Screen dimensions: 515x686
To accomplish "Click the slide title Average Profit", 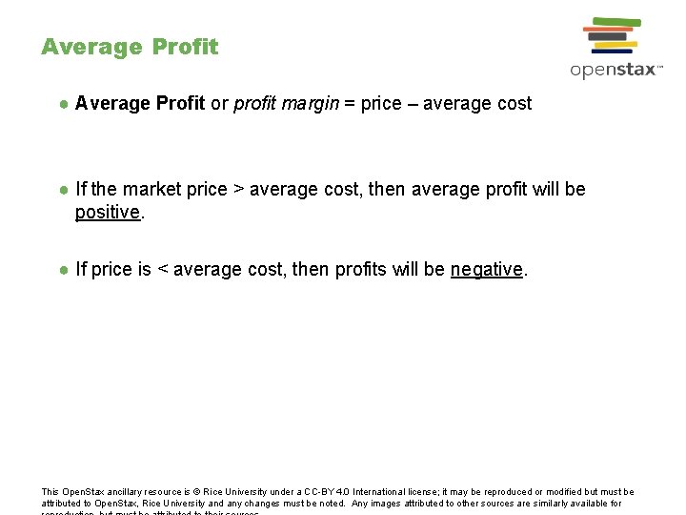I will (x=130, y=47).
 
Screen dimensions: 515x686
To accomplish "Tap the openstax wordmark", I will (x=615, y=70).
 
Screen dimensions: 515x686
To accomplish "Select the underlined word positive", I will (x=108, y=212).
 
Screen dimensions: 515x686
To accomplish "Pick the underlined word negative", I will (x=487, y=270).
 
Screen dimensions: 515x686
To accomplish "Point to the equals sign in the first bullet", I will (x=350, y=103).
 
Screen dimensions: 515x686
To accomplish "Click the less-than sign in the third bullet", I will (x=162, y=270).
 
